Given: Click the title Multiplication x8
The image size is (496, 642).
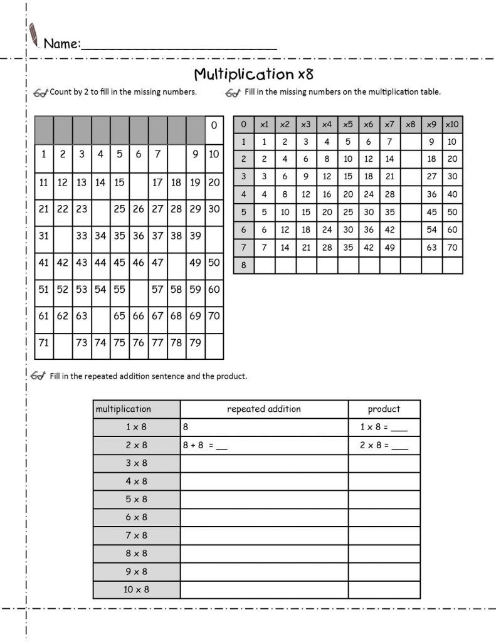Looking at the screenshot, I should point(253,74).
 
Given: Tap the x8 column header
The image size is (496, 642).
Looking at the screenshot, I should point(411,124).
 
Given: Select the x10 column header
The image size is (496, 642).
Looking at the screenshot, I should point(451,124).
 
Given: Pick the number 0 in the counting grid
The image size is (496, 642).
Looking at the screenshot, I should point(214,125).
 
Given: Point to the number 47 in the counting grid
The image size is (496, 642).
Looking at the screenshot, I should point(157,263).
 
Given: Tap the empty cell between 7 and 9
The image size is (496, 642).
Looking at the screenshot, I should point(176,154).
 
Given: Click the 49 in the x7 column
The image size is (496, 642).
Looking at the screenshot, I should point(389,248).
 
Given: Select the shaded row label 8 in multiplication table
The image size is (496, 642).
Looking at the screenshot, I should point(243,265).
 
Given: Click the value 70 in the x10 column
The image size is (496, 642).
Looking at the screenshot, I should point(451,248).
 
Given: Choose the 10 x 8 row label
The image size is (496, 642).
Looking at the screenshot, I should point(136,589).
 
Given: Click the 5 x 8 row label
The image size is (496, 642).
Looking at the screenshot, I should point(136,500).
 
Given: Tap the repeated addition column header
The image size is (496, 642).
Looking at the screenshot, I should point(264,409).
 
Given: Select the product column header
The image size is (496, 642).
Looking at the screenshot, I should point(384,409).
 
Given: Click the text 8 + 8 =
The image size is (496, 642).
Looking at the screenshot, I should point(198,446).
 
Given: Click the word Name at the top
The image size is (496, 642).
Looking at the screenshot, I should point(61,44).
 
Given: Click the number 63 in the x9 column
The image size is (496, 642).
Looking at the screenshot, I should point(431,248).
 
